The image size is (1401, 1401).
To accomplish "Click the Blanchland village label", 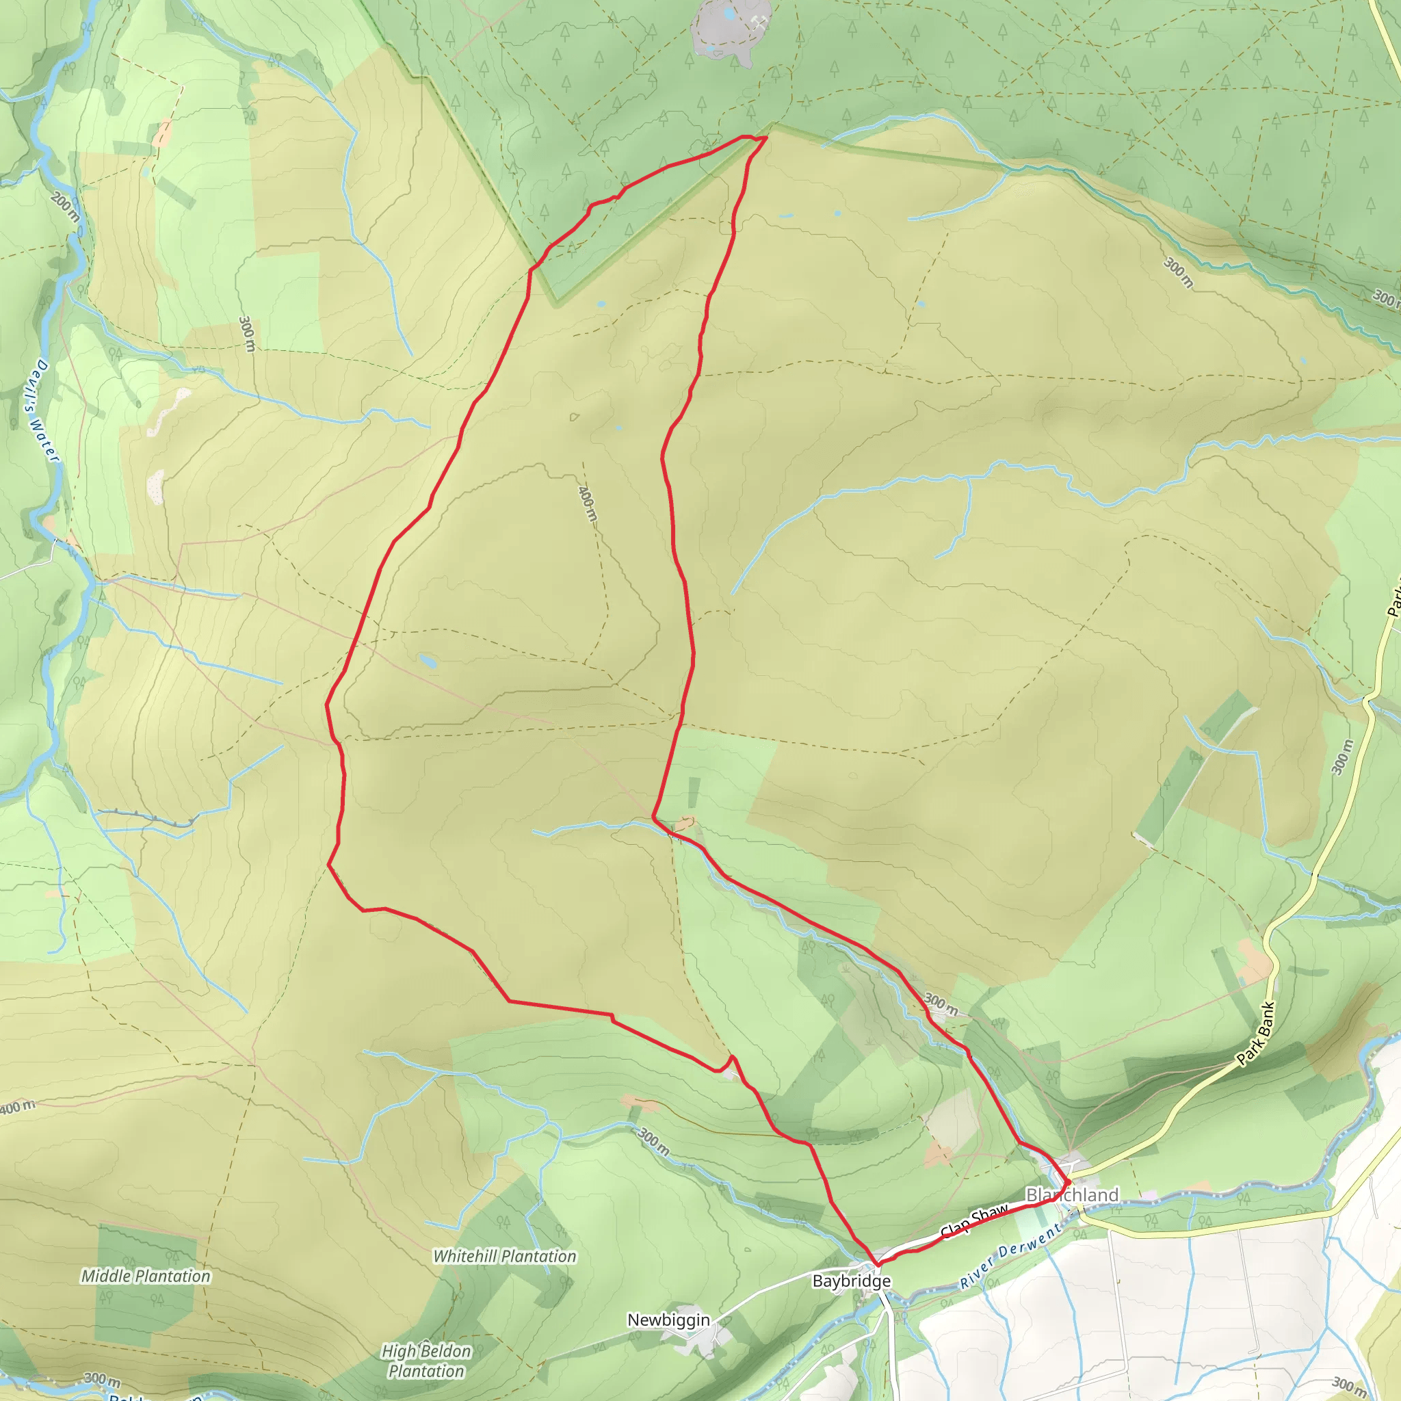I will pos(1072,1194).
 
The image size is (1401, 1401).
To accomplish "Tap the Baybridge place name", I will pos(851,1281).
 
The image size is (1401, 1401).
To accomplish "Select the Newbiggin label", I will pos(668,1320).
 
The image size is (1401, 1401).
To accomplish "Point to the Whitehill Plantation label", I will pos(504,1256).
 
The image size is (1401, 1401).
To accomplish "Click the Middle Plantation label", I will pos(146,1276).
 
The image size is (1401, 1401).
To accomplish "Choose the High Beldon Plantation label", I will pos(426,1361).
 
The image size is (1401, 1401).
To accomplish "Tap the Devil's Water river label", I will pos(41,410).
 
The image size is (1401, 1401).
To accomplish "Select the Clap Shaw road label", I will pos(974,1222).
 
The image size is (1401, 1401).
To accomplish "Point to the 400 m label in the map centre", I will pos(588,503).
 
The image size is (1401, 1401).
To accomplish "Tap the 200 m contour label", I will pos(65,207).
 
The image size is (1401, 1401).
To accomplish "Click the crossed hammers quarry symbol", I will pos(759,23).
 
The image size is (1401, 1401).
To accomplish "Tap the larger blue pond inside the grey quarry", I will pos(729,13).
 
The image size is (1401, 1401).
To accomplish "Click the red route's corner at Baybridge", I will pos(878,1265).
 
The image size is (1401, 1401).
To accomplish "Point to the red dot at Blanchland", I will pos(1067,1183).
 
